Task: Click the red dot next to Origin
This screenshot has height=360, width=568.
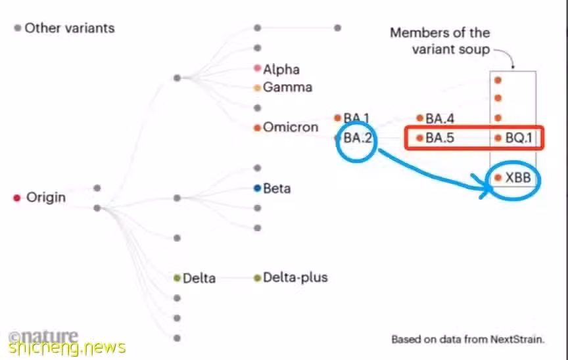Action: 16,198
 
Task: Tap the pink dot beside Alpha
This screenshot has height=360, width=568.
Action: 257,68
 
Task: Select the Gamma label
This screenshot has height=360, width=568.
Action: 287,87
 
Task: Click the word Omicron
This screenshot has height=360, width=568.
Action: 291,127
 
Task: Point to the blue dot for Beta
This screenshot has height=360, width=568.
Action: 257,188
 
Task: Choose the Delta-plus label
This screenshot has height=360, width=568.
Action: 295,277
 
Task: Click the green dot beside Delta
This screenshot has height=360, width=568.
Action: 177,278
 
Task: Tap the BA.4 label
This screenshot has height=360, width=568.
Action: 439,118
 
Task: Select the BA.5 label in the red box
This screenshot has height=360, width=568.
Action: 439,138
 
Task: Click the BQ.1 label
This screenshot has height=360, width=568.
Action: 519,138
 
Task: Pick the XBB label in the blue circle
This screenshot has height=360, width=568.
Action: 518,177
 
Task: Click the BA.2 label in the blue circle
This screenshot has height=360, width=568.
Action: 358,138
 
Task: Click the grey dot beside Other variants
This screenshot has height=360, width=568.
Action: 17,28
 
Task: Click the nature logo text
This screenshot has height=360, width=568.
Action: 43,336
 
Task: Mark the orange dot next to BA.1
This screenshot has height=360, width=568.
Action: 338,118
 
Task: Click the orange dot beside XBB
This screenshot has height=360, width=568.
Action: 498,177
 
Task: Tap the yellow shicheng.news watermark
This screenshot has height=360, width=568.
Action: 67,348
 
